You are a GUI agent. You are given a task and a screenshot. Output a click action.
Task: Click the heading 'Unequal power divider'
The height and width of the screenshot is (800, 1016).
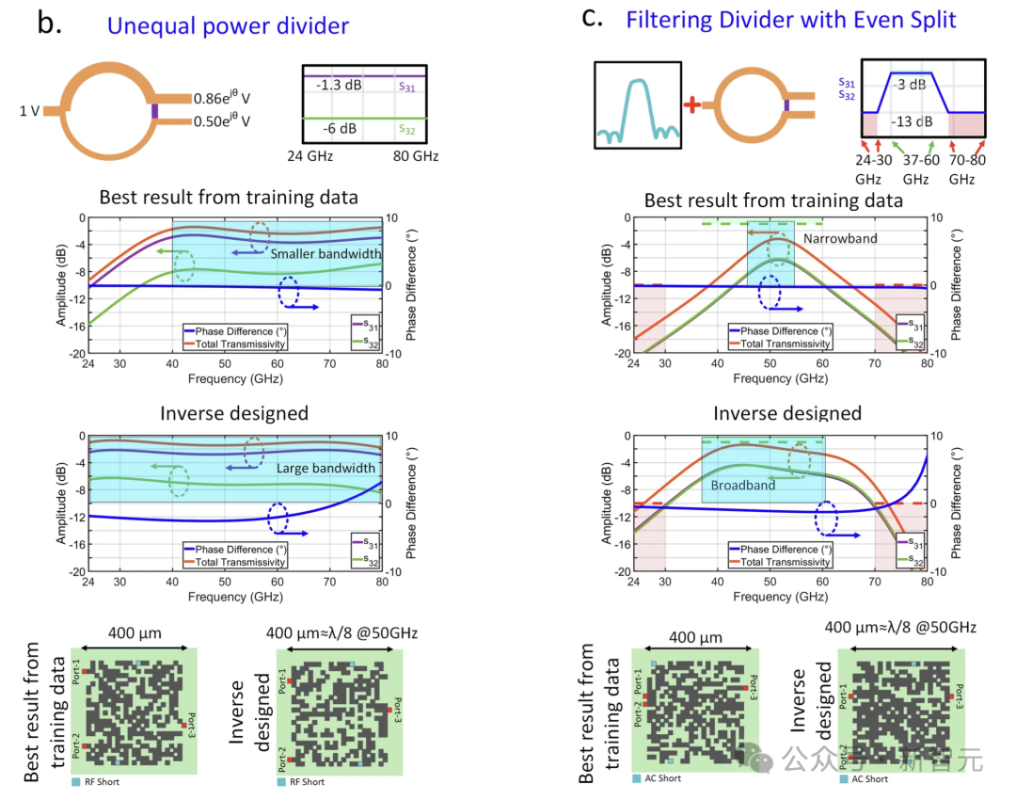coord(228,25)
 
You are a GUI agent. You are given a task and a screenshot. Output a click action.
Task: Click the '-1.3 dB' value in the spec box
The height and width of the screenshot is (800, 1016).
coord(337,85)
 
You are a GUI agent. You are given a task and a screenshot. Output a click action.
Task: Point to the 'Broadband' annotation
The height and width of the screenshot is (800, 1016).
coord(743,485)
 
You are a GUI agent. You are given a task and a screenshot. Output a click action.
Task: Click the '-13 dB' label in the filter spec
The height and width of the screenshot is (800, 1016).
coord(909,121)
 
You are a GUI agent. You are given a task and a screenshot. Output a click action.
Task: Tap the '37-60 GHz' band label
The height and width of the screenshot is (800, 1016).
coord(913,168)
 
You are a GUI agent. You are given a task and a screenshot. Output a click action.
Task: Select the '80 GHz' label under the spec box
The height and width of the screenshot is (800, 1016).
coord(415,156)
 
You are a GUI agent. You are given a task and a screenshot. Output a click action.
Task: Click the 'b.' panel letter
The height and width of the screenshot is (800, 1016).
coord(48,23)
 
